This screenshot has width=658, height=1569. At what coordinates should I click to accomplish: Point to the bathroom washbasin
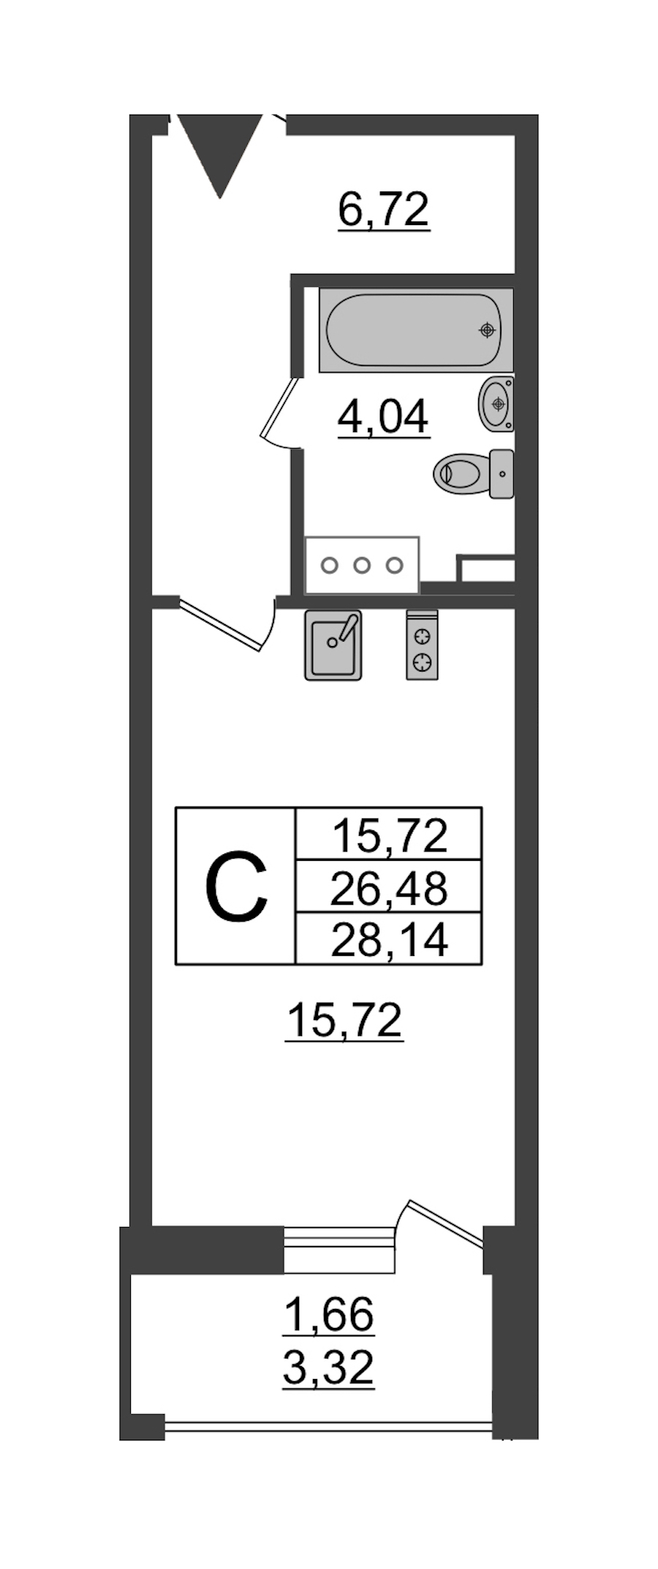(x=496, y=403)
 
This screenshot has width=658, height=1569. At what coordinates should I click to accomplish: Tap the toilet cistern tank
(x=502, y=474)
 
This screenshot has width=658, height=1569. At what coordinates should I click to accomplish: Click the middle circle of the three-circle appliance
(x=362, y=565)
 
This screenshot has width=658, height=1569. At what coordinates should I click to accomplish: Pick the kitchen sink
(x=333, y=645)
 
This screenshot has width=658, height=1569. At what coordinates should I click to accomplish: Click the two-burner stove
(x=423, y=645)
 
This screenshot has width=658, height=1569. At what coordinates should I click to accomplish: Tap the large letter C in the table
(x=236, y=886)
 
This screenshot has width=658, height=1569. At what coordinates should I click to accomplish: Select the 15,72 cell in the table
(x=389, y=835)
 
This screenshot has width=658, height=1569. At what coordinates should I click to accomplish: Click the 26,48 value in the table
(x=389, y=888)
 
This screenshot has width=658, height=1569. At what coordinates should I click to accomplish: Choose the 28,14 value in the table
(x=389, y=940)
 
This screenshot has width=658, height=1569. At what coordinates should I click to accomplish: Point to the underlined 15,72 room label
(x=345, y=1020)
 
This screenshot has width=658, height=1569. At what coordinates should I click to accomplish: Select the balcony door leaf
(x=446, y=1221)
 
